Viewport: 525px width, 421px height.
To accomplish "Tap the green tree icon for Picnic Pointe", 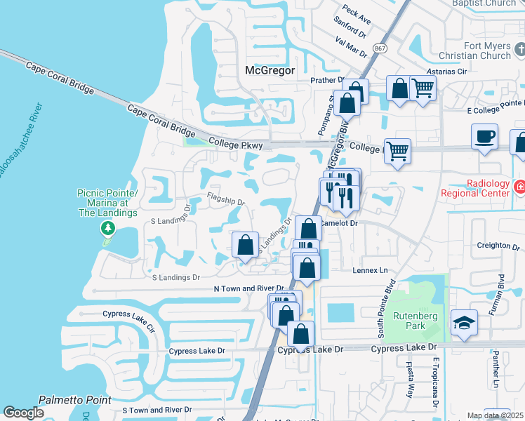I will [107, 228].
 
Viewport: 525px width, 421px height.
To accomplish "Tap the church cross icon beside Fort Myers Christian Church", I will [519, 49].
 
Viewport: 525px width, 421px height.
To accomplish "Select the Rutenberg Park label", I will [410, 321].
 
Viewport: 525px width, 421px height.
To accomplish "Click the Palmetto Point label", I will [74, 399].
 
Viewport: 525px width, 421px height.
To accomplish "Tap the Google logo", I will [24, 413].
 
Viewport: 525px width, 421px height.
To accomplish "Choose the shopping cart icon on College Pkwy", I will [397, 150].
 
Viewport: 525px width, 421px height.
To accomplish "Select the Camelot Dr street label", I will [339, 222].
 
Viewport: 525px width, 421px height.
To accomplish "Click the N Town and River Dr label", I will [248, 288].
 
